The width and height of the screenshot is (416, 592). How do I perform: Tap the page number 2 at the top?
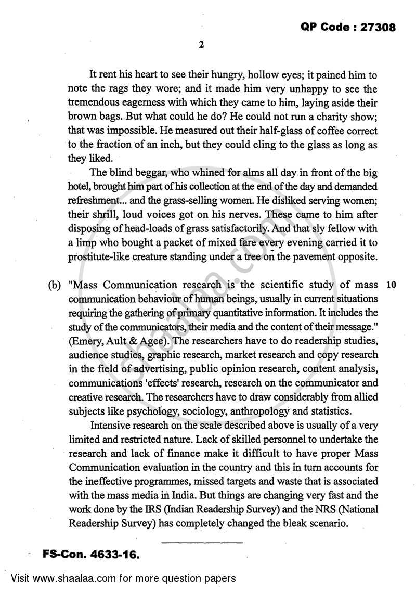[201, 45]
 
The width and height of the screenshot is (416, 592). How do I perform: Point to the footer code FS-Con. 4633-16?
[91, 556]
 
